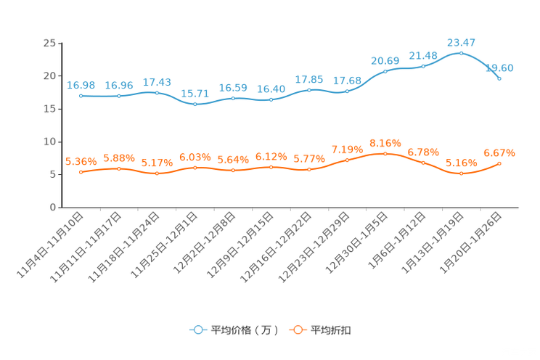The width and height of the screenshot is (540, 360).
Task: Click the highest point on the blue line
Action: pos(461,53)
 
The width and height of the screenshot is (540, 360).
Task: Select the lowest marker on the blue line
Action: pos(195,105)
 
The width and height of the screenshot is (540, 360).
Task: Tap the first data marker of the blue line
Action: pos(81,97)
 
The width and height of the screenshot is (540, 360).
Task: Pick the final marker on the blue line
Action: pos(499,78)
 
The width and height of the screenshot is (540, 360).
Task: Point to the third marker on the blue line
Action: pos(157,93)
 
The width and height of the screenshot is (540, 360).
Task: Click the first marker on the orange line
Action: pos(81,172)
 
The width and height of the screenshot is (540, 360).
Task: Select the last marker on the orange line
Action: pos(499,163)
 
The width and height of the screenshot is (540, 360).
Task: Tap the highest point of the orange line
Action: pos(385,153)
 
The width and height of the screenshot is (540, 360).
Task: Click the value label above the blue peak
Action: pos(461,42)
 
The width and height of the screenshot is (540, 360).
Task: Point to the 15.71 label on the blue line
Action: pos(195,94)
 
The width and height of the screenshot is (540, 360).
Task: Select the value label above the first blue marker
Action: pos(80,85)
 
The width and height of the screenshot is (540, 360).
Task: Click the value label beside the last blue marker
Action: pos(500,67)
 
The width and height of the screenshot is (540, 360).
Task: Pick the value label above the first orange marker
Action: pos(80,161)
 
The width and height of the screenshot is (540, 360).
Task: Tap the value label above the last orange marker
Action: pos(499,152)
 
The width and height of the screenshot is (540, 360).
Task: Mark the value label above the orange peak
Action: pos(385,142)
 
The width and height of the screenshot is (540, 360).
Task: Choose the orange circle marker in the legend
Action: pos(297,330)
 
